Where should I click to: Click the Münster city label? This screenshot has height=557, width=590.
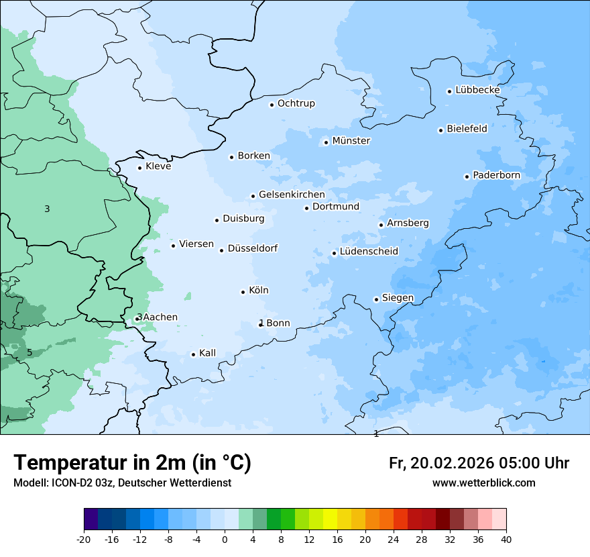point(351,141)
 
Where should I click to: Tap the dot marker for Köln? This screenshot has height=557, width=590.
point(243,292)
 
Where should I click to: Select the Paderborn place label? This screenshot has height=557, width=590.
point(496,175)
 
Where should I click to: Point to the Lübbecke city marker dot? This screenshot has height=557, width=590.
point(449,91)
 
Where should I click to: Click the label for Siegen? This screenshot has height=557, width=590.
point(398,298)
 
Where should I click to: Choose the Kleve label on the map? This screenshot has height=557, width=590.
point(158,166)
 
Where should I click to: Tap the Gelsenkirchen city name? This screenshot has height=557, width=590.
point(292,195)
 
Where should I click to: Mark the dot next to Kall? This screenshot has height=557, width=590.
point(193,354)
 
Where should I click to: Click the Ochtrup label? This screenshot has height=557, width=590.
point(296,103)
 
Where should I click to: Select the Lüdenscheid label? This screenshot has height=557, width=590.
point(369,252)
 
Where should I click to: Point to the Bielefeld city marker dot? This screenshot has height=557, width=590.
point(440,130)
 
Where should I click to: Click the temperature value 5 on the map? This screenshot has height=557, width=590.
point(29,353)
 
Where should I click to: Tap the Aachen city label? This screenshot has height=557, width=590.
point(160,317)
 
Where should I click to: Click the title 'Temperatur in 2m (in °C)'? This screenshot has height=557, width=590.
point(132,463)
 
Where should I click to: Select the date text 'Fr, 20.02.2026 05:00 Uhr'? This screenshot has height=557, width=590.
point(479,463)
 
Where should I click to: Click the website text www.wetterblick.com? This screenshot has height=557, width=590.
point(483,483)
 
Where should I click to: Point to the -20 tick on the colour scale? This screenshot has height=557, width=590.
point(84,539)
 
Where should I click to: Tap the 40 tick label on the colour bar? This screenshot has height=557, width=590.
point(506,539)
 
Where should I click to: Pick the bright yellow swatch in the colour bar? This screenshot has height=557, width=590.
point(330,519)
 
